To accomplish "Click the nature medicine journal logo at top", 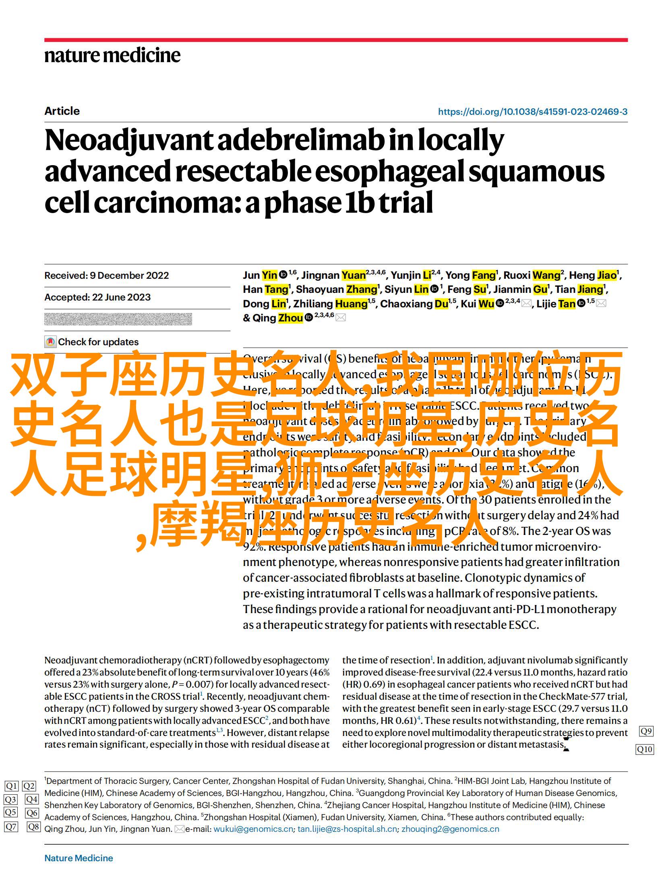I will [112, 55].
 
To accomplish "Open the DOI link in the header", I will [532, 112].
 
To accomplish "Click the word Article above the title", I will [62, 111].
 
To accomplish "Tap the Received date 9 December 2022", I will [107, 276].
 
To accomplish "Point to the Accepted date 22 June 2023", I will [97, 297].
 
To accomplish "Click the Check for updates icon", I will [50, 342].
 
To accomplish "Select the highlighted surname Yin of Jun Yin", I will [269, 276].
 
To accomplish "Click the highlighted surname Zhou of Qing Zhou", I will [291, 318].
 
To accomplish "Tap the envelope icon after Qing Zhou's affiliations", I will [341, 318].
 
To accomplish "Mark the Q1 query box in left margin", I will [11, 797].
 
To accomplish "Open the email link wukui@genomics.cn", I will [253, 829].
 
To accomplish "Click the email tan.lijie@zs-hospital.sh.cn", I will [347, 829].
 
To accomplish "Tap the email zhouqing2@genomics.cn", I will [450, 829].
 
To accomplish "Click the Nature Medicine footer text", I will [79, 858].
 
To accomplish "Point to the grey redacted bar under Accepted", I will [118, 319].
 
